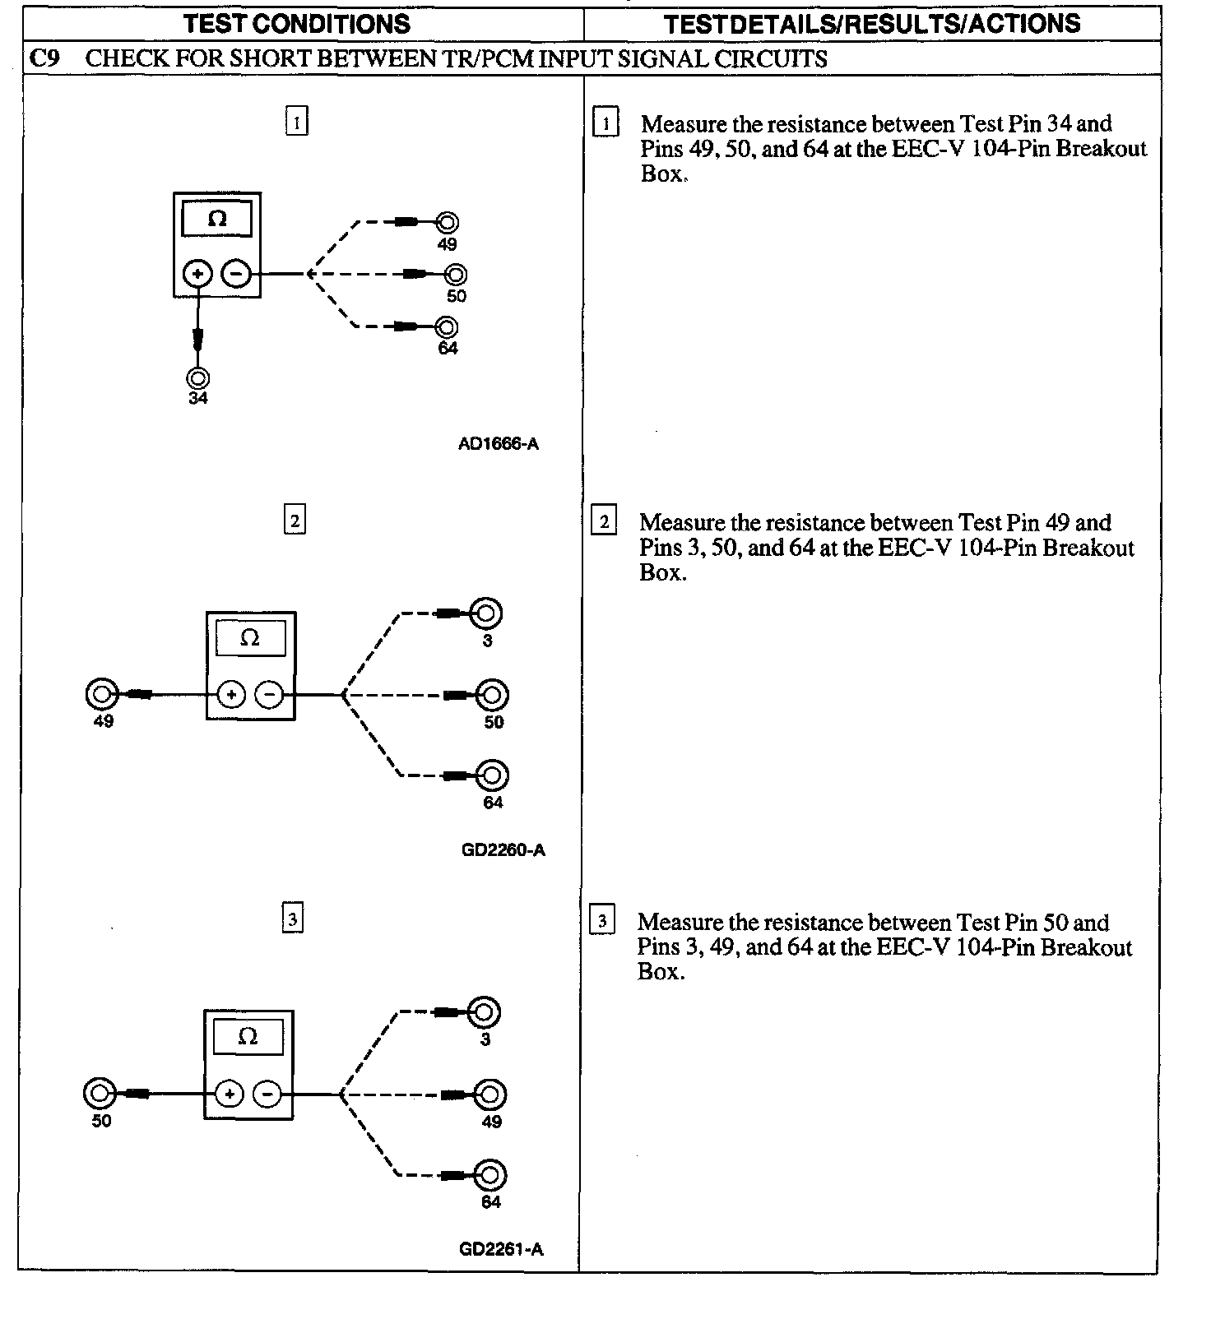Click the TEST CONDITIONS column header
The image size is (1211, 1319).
[297, 24]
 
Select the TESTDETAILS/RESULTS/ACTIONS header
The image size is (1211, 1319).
[872, 24]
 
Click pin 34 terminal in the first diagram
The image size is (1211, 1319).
[198, 377]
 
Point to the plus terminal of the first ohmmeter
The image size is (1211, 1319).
[198, 273]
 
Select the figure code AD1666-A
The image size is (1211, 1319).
[499, 444]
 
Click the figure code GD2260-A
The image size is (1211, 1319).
[503, 849]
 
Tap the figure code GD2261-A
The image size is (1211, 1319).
[501, 1249]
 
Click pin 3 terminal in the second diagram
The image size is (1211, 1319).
[486, 613]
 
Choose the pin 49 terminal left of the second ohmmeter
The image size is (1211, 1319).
[102, 694]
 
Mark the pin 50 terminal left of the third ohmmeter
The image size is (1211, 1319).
[100, 1094]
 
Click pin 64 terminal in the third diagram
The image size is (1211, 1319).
[490, 1174]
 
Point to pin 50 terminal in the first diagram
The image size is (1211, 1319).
[456, 274]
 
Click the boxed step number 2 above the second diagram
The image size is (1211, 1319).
[295, 521]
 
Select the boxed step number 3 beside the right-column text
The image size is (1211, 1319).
[602, 921]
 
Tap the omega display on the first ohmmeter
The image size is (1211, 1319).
[217, 219]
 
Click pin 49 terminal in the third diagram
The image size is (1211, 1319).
[491, 1095]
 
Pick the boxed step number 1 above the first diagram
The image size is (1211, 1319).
[296, 122]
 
